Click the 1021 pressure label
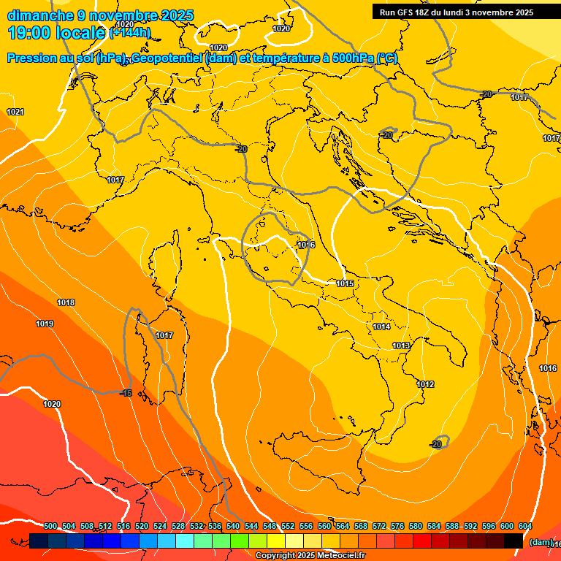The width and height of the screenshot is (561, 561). (15, 112)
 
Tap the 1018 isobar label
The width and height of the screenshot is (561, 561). (66, 302)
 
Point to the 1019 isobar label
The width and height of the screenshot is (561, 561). (45, 324)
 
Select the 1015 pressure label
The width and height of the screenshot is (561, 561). (346, 283)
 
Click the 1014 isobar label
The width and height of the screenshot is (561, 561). (381, 327)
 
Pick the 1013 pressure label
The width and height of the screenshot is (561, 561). (401, 346)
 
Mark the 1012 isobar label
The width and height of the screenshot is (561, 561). (425, 384)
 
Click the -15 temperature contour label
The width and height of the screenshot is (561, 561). (126, 393)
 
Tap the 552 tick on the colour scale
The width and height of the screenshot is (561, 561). (288, 527)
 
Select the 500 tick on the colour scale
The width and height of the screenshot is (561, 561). (50, 527)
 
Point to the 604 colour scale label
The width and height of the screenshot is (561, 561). (525, 527)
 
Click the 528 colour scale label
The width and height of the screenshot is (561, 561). (178, 527)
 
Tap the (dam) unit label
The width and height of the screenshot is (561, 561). (541, 542)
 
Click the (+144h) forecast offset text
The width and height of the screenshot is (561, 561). (130, 32)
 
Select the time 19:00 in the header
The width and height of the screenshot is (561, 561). (29, 32)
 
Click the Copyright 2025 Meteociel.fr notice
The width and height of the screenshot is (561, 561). (310, 556)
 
